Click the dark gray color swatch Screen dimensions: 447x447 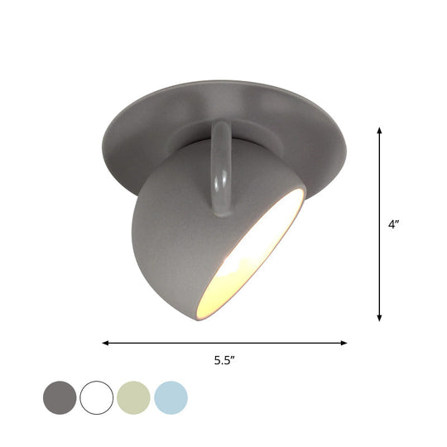[x=60, y=397]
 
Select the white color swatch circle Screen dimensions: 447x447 [x=97, y=397]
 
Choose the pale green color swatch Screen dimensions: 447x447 [x=134, y=397]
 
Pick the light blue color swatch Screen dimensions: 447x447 [x=171, y=397]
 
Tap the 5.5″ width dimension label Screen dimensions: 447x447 [x=223, y=359]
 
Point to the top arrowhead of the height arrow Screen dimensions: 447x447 [x=379, y=130]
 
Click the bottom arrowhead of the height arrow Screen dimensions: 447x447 [x=379, y=318]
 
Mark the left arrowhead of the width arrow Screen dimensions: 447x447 [x=106, y=342]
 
